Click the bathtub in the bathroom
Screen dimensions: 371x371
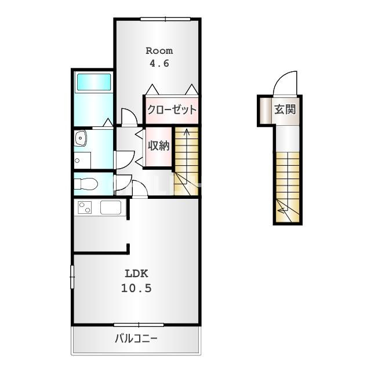94,82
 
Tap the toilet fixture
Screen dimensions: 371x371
86,184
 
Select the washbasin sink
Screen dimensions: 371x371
81,138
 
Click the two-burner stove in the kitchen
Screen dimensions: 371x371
85,208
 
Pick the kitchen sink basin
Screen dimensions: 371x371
111,208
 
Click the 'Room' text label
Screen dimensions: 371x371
159,51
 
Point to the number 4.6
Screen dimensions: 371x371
159,63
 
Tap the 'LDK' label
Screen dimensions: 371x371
137,274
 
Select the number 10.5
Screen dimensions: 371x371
136,288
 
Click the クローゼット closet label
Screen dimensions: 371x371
172,110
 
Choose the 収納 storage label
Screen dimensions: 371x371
159,146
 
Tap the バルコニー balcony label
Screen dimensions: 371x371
136,339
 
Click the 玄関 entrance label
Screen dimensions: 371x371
285,110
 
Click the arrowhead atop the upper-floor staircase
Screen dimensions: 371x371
187,131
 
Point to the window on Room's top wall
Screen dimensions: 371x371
165,19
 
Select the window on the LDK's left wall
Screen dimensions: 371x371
72,277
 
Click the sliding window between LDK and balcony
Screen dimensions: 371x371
139,325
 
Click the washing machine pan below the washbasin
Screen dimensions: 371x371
82,161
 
